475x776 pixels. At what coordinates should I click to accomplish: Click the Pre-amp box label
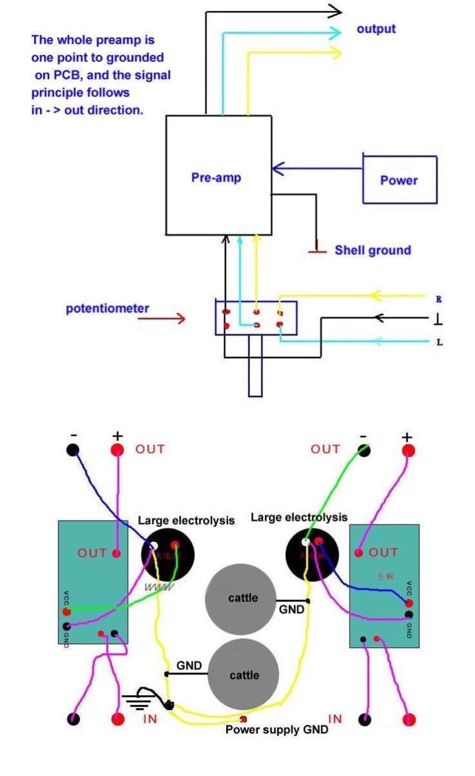pos(216,177)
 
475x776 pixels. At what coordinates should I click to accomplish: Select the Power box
pos(399,180)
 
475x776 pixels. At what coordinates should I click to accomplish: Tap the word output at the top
pos(376,29)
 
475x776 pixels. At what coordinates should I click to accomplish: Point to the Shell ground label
pos(372,250)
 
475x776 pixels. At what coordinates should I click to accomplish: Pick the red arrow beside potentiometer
pos(170,318)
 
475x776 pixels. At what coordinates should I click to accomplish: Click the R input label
pos(439,299)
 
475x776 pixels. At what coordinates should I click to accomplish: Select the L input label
pos(439,342)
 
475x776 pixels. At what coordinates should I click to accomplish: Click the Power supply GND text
pos(277,730)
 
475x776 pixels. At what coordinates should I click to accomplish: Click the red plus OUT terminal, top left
pos(117,450)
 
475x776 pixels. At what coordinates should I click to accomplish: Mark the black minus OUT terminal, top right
pos(363,450)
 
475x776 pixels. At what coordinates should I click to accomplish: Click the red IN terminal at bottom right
pos(408,719)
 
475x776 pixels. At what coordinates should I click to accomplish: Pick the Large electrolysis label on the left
pos(186,521)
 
